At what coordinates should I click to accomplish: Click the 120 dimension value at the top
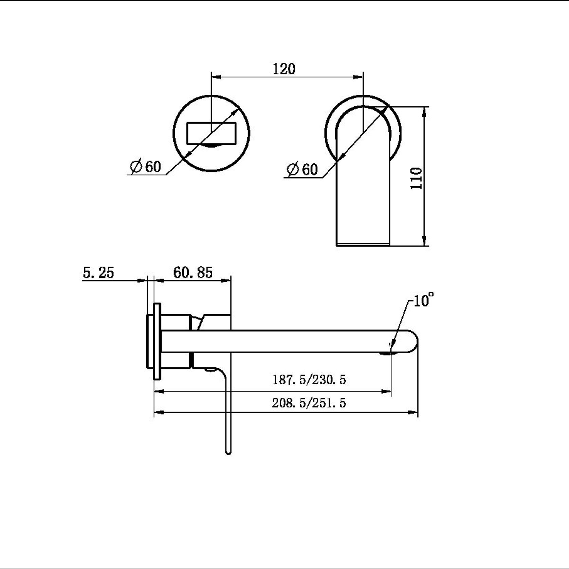tap(284, 69)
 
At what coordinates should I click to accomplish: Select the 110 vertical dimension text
tap(417, 178)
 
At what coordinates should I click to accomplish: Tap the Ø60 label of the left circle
tap(146, 167)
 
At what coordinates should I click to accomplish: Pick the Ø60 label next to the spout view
tap(302, 169)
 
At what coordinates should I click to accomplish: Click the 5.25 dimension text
tap(98, 273)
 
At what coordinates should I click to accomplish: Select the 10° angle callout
tap(423, 300)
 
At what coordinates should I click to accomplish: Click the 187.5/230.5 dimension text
tap(309, 379)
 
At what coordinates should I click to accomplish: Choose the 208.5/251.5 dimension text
tap(309, 403)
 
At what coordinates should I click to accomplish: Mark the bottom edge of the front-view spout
tap(363, 244)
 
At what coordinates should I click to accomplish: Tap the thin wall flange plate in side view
tap(157, 341)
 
